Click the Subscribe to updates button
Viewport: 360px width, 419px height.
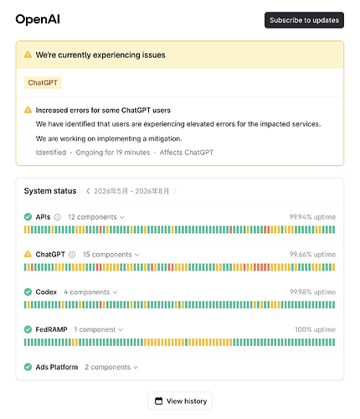point(304,20)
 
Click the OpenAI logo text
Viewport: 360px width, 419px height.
point(38,19)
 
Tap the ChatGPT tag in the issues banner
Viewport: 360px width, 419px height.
point(43,83)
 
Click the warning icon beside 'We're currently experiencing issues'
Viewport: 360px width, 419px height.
point(28,54)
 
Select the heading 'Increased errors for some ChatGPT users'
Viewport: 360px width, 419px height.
point(103,111)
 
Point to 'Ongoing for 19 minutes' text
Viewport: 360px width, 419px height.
point(113,153)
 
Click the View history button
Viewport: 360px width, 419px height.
point(180,401)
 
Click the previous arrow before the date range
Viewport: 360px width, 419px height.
point(88,191)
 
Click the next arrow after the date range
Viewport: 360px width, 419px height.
point(175,191)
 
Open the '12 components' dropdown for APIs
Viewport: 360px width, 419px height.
point(96,217)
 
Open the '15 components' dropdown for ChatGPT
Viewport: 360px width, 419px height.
point(111,255)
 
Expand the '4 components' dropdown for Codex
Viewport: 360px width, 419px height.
point(90,292)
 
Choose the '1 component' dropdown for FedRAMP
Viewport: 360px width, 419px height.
point(98,329)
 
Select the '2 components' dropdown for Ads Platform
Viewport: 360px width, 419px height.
point(111,367)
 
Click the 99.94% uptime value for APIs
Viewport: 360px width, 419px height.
point(312,217)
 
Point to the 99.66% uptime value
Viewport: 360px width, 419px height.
point(312,255)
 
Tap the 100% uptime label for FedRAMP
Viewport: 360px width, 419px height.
point(315,329)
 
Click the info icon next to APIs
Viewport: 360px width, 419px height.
point(57,217)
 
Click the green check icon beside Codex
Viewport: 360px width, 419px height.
point(28,292)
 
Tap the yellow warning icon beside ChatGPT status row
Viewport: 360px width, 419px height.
point(28,254)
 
